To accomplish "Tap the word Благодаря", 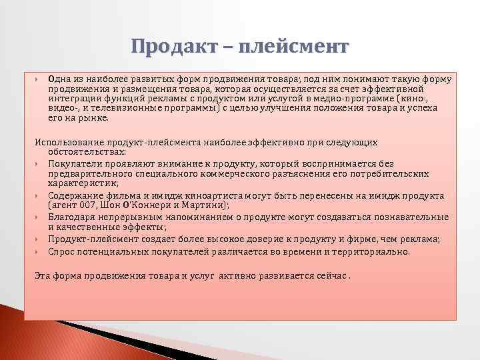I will (71, 217).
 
